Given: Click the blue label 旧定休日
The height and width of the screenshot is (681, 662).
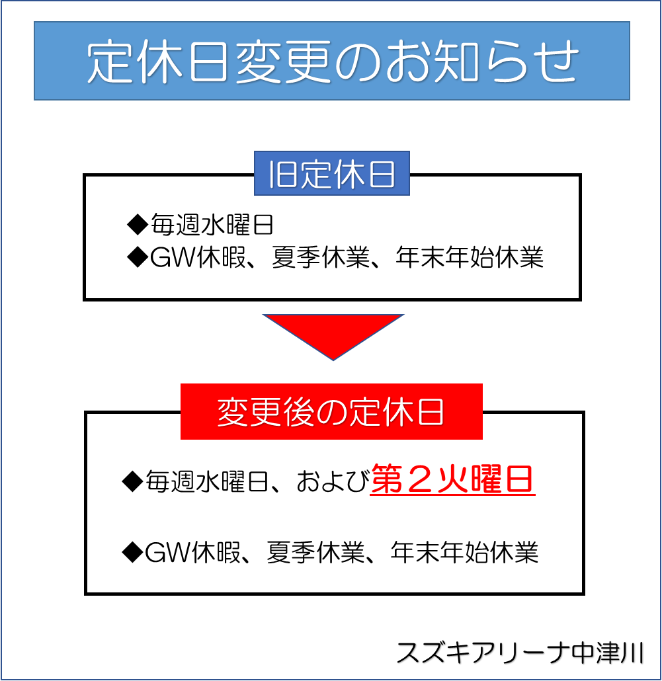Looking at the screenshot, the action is (332, 173).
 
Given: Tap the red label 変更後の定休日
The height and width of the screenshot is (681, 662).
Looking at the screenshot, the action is (331, 411).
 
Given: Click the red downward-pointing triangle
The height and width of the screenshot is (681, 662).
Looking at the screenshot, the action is (333, 337).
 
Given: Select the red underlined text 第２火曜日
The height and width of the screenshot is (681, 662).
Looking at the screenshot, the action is (452, 479).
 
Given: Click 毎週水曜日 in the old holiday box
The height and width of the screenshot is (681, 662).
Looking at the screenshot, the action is (212, 225).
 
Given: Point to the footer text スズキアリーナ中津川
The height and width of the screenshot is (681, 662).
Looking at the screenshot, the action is (520, 653).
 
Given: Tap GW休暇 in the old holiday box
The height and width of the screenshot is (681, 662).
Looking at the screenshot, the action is (198, 257).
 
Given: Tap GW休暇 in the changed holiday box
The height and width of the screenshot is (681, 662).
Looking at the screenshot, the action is (192, 553).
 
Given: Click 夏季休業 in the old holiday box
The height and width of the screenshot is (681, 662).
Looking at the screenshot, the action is (321, 257).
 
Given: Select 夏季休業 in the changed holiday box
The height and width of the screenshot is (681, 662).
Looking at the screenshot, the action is (315, 553).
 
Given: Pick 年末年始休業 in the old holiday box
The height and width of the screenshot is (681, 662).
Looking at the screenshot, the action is (470, 257).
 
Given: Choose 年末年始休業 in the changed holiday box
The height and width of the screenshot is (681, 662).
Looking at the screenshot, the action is (464, 553).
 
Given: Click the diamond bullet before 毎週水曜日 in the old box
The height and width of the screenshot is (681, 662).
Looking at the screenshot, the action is (138, 225).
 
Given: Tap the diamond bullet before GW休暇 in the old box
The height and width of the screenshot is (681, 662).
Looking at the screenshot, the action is (138, 257).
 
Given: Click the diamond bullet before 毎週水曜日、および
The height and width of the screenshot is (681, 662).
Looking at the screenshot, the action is (132, 481).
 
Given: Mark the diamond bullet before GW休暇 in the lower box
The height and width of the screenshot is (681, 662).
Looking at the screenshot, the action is (132, 553).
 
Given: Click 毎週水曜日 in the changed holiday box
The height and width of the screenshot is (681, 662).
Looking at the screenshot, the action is (206, 481).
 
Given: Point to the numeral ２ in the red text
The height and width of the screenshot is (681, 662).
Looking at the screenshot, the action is (419, 479).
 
